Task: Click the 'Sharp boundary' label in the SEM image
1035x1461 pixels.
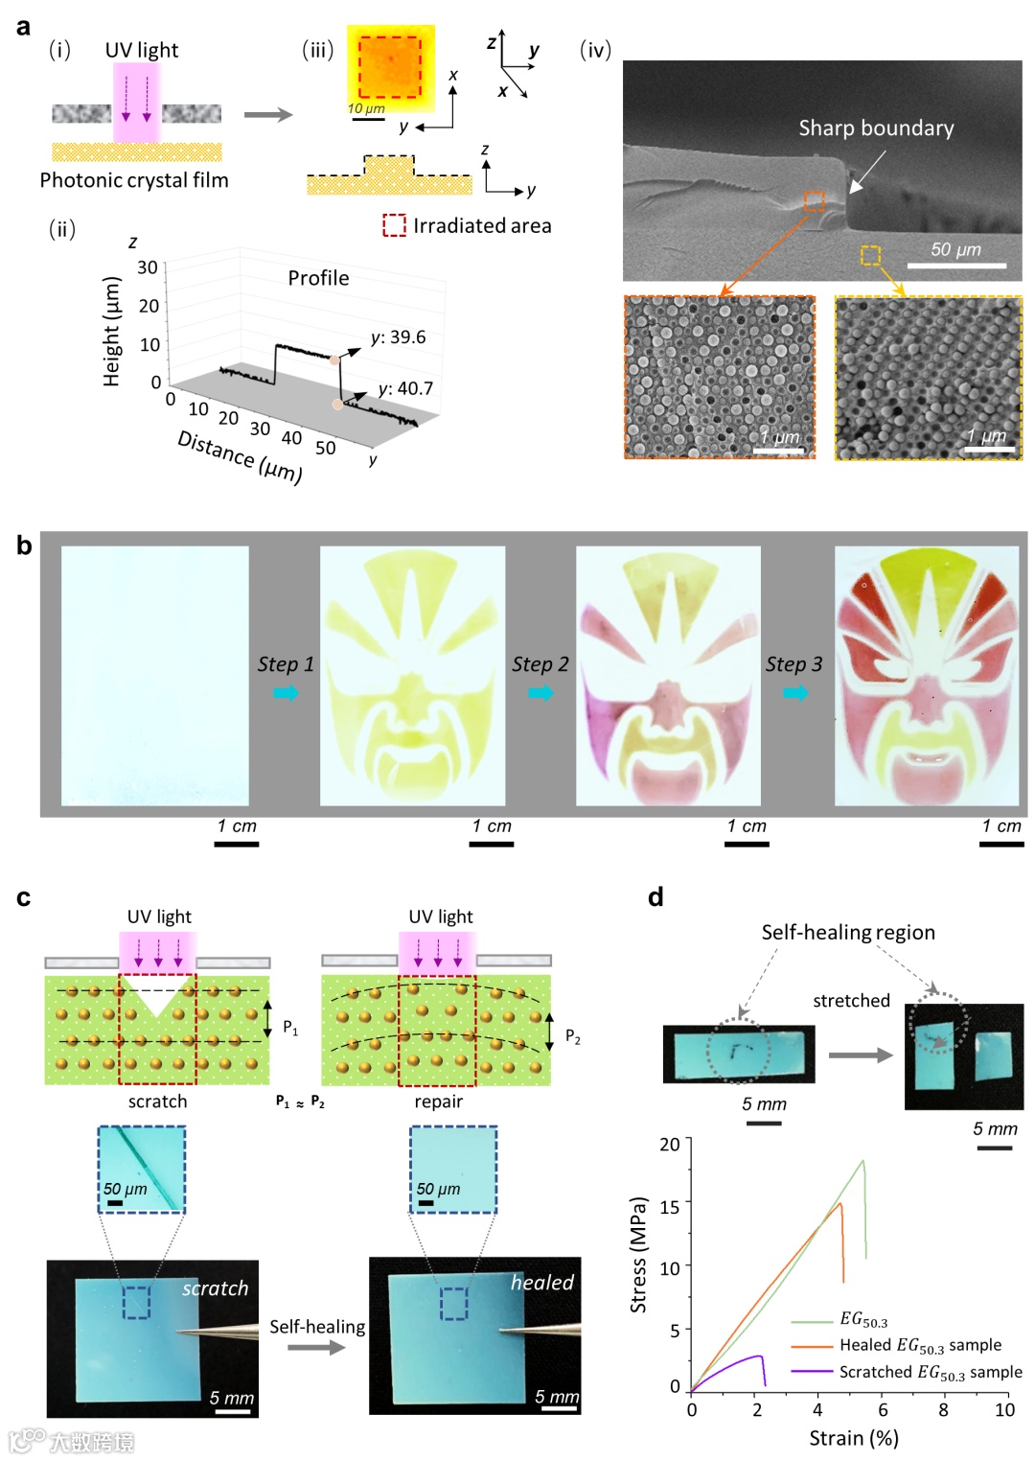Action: pyautogui.click(x=876, y=128)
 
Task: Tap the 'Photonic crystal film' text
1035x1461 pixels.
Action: pyautogui.click(x=134, y=180)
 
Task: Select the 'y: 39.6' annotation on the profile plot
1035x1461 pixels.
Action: pyautogui.click(x=399, y=337)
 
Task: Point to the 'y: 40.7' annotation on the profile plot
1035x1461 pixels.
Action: pyautogui.click(x=406, y=388)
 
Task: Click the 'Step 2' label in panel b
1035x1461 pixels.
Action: pyautogui.click(x=540, y=664)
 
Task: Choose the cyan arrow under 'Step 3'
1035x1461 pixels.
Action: pyautogui.click(x=795, y=692)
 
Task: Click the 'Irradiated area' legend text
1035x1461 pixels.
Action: pyautogui.click(x=482, y=226)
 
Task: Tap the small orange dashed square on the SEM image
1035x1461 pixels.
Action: pyautogui.click(x=814, y=201)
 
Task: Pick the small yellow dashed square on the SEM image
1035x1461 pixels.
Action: pyautogui.click(x=870, y=255)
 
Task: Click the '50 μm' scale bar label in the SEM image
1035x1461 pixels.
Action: pyautogui.click(x=955, y=249)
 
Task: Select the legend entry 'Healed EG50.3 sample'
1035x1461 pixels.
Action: pyautogui.click(x=920, y=1345)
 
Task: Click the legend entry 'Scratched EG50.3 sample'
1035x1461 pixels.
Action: pyautogui.click(x=930, y=1372)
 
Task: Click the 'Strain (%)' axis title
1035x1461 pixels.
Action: pyautogui.click(x=854, y=1438)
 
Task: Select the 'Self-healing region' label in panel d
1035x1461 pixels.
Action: pyautogui.click(x=848, y=933)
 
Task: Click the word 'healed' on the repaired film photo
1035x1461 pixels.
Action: pyautogui.click(x=542, y=1283)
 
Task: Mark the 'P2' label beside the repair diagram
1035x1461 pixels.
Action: pyautogui.click(x=572, y=1036)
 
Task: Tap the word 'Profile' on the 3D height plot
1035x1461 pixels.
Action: pyautogui.click(x=319, y=278)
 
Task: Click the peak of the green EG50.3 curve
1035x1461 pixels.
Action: pyautogui.click(x=863, y=1161)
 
